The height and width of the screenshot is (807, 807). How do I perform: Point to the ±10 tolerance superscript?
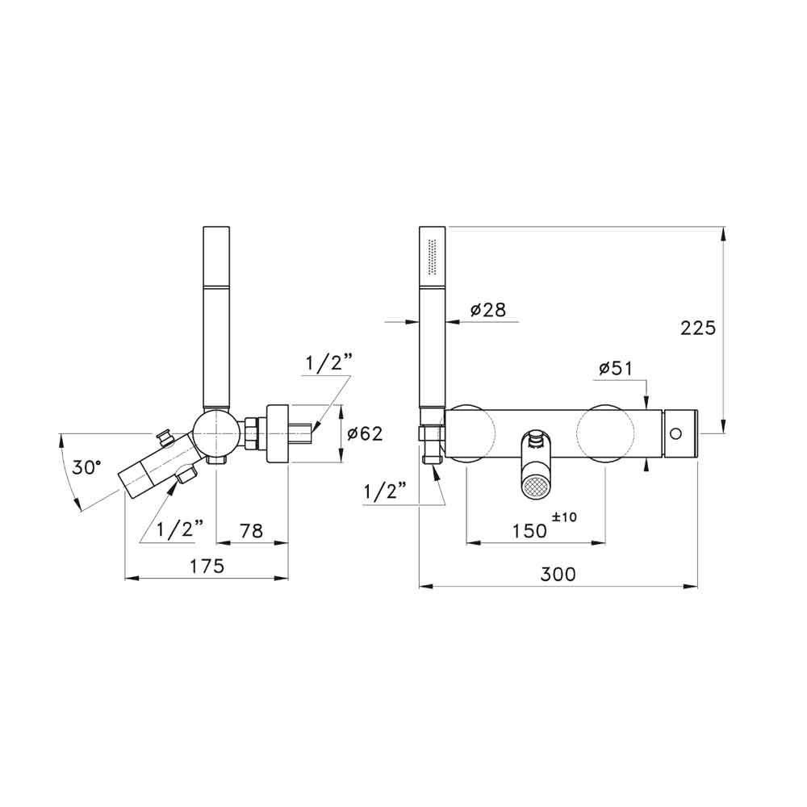coord(565,517)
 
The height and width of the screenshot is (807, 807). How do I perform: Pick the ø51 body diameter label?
coord(615,369)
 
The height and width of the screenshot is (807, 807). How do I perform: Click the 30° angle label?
coord(85,467)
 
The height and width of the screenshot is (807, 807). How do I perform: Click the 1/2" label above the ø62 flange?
coord(329,364)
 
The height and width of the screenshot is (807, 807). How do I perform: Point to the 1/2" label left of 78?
coord(180,529)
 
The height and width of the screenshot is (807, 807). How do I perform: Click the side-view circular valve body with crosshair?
coord(215,433)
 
